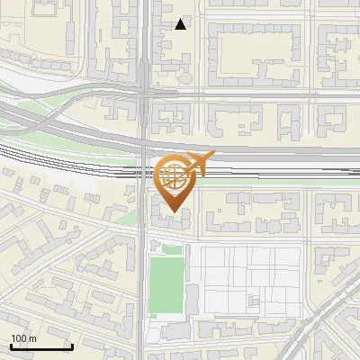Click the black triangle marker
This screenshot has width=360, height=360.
[x=181, y=24]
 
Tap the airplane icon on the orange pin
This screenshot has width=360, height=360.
[x=201, y=162]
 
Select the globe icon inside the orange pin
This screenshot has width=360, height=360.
[x=174, y=178]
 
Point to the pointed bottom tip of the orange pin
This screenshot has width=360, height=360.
[x=174, y=213]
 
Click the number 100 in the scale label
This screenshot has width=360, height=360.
[x=19, y=338]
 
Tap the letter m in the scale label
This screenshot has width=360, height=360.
[x=32, y=338]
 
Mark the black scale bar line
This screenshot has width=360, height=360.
[x=40, y=346]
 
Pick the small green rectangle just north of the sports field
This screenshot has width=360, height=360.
[x=172, y=248]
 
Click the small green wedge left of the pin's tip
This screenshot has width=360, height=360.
[x=130, y=218]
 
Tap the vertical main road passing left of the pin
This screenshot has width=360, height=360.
[x=143, y=270]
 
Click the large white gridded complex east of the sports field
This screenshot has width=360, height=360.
[x=247, y=279]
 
